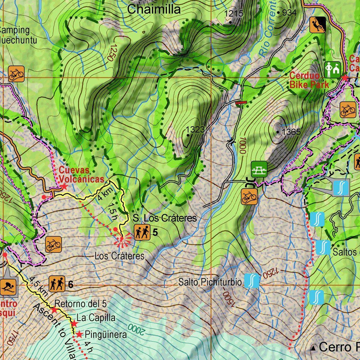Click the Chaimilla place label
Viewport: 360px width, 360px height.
[x=154, y=9]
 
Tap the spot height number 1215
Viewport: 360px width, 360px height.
[x=234, y=14]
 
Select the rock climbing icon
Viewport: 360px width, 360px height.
[x=318, y=25]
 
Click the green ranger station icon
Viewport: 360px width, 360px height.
[x=332, y=70]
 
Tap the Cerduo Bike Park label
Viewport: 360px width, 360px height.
[x=309, y=80]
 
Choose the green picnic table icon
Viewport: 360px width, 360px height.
[x=259, y=169]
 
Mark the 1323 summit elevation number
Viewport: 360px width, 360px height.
[x=195, y=129]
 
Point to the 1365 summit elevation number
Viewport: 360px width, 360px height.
[x=291, y=132]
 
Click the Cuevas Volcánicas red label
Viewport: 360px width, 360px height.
[x=81, y=174]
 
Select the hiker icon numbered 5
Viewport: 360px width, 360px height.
[x=142, y=232]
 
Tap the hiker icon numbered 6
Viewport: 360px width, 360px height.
[x=57, y=284]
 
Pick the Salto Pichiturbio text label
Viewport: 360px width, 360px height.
[x=210, y=282]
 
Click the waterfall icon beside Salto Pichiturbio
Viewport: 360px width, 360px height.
[x=252, y=281]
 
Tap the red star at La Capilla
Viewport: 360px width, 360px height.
[x=74, y=323]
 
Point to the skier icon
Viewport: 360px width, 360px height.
[x=8, y=287]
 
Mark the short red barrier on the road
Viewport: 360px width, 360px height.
[x=241, y=103]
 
